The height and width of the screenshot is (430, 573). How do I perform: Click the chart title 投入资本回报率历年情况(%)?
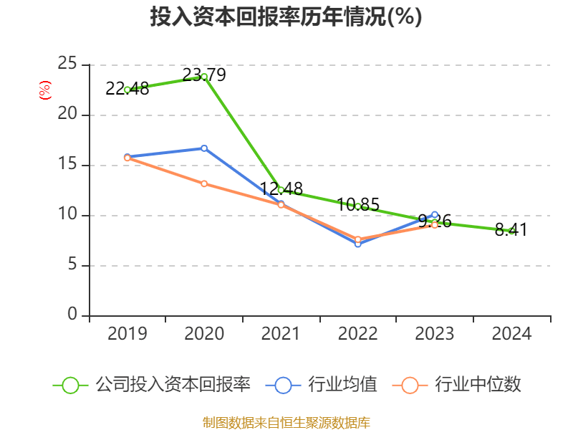click(x=286, y=17)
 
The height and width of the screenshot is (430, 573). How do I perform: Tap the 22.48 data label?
click(x=127, y=89)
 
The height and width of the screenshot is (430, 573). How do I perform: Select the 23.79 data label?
click(x=204, y=75)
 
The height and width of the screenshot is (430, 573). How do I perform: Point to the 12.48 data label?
click(x=281, y=189)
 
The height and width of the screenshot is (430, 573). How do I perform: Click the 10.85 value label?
click(x=357, y=204)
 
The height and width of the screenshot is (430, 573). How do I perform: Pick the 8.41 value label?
click(x=511, y=230)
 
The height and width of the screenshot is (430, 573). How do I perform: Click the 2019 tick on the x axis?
click(x=127, y=334)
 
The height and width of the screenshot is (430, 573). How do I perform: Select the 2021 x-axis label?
click(x=281, y=334)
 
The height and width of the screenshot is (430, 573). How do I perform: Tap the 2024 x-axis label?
click(x=511, y=334)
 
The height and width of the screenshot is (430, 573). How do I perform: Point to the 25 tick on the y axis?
click(x=68, y=64)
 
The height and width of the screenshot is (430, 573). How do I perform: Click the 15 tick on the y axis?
click(x=68, y=165)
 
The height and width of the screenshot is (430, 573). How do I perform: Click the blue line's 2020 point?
click(x=204, y=148)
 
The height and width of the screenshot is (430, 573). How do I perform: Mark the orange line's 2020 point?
click(x=204, y=183)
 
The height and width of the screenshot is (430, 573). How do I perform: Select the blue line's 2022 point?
click(x=357, y=244)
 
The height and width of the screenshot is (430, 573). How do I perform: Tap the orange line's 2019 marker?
click(x=127, y=158)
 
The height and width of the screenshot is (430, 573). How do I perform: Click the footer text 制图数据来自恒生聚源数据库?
click(x=286, y=422)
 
